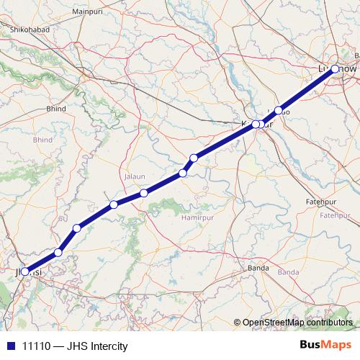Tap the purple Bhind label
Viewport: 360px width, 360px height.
click(42, 139)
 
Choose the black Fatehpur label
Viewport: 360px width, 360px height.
click(322, 201)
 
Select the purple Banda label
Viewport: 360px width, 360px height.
click(288, 272)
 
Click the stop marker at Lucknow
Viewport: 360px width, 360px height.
click(335, 69)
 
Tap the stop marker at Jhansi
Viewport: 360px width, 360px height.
click(26, 272)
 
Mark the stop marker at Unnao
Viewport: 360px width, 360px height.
click(279, 110)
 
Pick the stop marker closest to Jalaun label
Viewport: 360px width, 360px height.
click(145, 193)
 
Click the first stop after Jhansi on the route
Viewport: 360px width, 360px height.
click(58, 252)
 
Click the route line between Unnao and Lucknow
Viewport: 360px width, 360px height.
click(307, 89)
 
